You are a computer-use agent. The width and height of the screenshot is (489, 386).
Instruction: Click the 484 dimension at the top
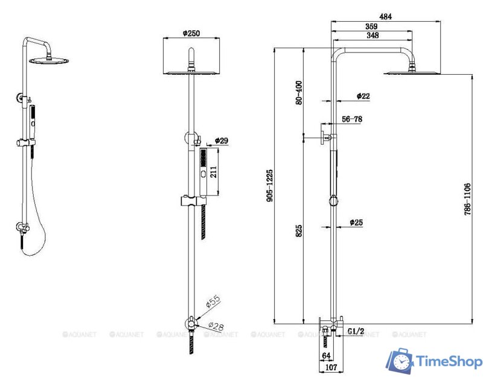[x=385, y=17]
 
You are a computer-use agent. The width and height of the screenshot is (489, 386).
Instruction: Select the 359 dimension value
[x=372, y=27]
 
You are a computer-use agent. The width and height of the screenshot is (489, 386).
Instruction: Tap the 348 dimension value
[x=372, y=36]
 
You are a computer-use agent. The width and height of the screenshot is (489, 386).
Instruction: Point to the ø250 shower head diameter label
[x=191, y=34]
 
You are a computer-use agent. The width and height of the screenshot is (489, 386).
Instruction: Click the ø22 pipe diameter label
[x=363, y=96]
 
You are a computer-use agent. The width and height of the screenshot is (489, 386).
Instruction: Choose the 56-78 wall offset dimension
[x=352, y=119]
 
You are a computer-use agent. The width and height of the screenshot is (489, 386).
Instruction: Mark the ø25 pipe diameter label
[x=356, y=223]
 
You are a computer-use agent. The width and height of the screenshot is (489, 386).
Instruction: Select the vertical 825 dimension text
[x=299, y=231]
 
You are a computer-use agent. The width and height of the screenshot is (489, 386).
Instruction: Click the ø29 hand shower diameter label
[x=222, y=141]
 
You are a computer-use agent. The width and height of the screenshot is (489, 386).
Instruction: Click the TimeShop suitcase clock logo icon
[x=400, y=361]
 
